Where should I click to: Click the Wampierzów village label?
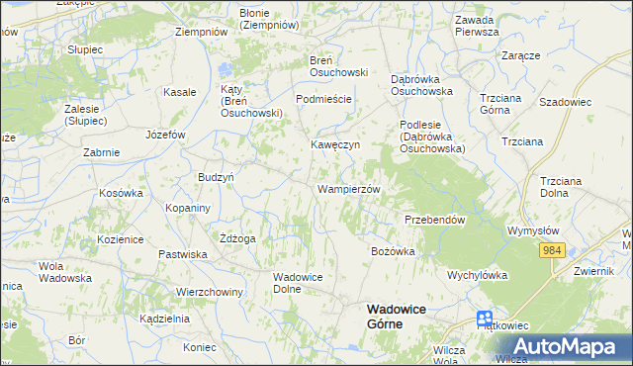click(348, 188)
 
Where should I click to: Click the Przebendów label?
click(434, 220)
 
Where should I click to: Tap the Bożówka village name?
click(392, 251)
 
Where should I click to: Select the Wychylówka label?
click(477, 275)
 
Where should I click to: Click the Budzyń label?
click(215, 175)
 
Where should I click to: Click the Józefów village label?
click(165, 134)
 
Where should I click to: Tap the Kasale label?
click(179, 92)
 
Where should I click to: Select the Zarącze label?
click(520, 55)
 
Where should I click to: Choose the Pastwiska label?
click(182, 254)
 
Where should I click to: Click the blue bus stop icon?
click(485, 319)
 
